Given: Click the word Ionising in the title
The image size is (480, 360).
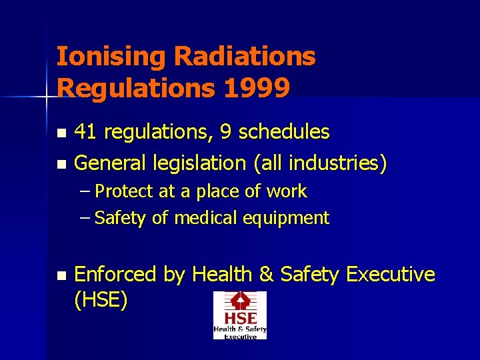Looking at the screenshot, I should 110,57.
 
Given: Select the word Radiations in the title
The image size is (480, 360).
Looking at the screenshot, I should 245,57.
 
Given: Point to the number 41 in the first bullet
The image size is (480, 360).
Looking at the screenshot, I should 84,132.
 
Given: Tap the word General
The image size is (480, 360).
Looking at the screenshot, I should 110,162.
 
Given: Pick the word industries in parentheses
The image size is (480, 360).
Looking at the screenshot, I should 344,162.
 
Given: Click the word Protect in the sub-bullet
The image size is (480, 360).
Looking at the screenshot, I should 125,192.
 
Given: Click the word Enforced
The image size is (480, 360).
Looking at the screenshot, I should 115,274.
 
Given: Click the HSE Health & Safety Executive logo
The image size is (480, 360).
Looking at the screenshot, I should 239,315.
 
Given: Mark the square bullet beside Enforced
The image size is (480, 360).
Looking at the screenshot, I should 61,275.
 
